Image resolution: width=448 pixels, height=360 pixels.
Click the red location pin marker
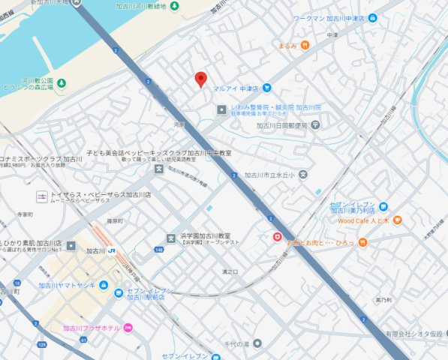tap(200, 79)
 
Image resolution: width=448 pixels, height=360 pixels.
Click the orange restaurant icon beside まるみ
tap(305, 45)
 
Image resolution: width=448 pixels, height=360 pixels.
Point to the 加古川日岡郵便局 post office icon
tap(315, 124)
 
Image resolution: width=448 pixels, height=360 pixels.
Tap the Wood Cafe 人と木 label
tap(362, 220)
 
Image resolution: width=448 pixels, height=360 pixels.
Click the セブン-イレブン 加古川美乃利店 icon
tap(383, 206)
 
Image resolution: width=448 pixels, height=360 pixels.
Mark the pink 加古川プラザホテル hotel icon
tap(128, 328)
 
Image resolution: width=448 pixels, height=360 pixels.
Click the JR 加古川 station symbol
tap(111, 251)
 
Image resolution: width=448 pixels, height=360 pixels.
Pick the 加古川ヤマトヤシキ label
tap(67, 285)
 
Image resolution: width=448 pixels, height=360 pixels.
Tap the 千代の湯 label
tap(232, 343)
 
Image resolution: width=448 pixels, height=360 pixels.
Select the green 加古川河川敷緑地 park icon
tap(174, 6)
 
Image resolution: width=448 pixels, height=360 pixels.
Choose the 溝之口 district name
tap(230, 271)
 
